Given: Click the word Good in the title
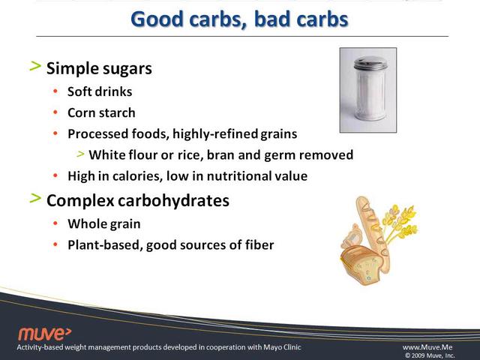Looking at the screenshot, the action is (x=157, y=19).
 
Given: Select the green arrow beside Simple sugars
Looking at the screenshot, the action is (x=35, y=66).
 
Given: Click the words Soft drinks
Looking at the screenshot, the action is (x=100, y=91).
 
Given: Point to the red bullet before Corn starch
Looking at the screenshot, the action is (x=55, y=112).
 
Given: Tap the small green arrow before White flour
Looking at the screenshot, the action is (x=80, y=154).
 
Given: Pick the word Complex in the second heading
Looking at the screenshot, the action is (x=80, y=201).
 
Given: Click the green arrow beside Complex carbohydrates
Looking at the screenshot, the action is (x=35, y=198).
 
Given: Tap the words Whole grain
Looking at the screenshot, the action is (x=104, y=224).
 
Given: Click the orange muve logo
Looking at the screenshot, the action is (x=45, y=334).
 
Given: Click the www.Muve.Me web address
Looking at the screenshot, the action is (x=427, y=347).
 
